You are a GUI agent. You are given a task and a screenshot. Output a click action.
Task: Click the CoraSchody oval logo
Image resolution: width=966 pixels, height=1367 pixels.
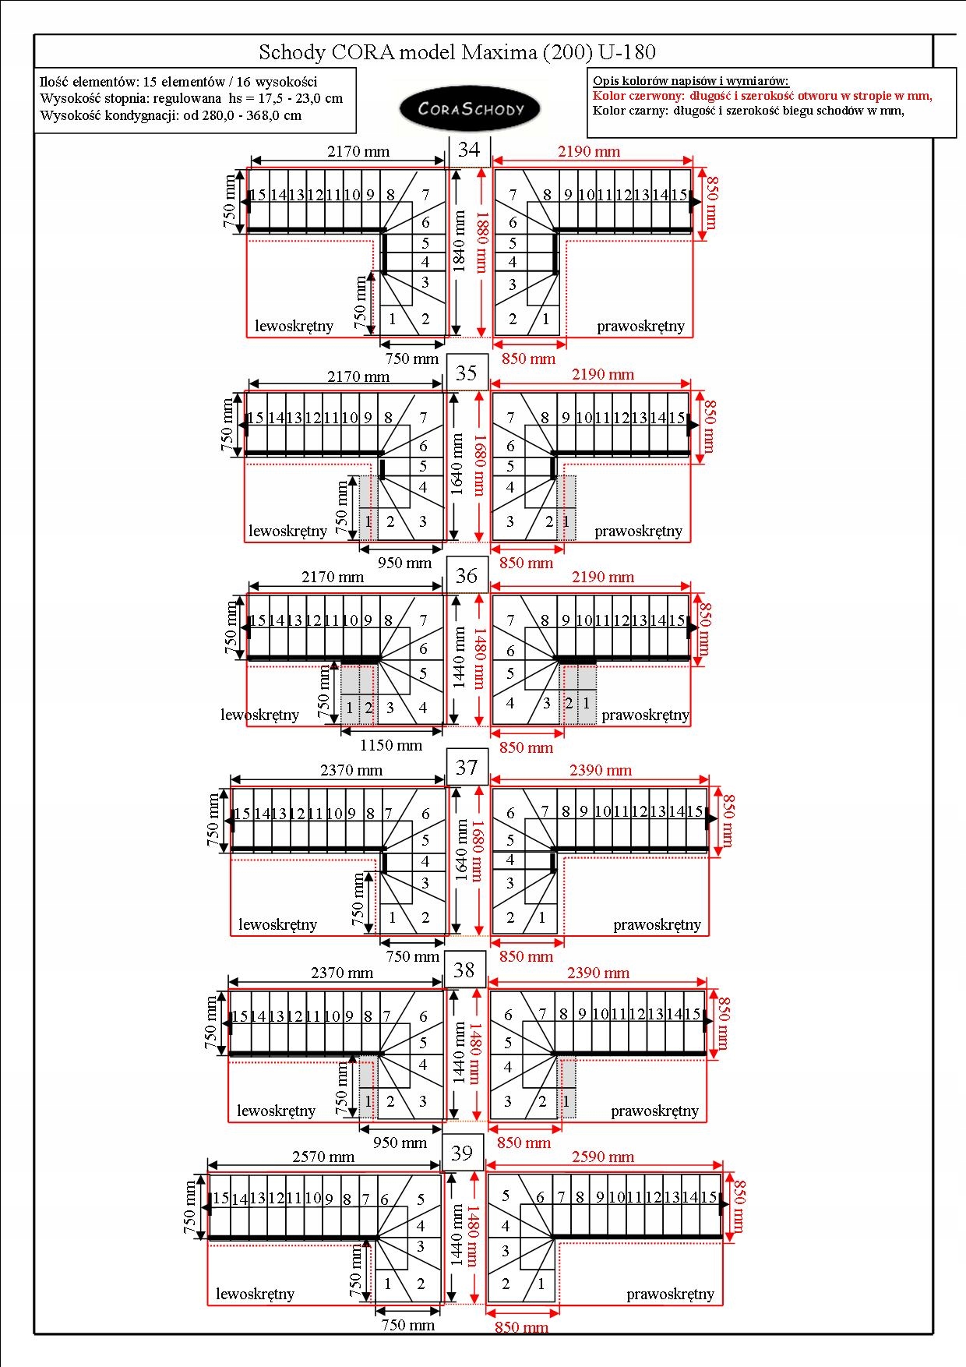coord(470,109)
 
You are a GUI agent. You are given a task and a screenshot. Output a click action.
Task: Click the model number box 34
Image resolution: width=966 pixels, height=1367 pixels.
coord(469,150)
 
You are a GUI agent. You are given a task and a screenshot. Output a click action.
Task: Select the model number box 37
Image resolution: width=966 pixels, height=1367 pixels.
coord(467,768)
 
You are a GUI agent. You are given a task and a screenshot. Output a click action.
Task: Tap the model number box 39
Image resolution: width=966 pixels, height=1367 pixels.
coord(462,1153)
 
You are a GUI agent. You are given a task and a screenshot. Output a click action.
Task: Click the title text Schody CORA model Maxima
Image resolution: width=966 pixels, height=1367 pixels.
coord(457,52)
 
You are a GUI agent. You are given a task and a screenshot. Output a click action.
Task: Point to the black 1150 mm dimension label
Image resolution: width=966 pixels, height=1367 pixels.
coord(391,745)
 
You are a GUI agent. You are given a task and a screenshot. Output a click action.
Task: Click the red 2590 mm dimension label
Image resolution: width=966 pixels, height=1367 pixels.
coord(603,1157)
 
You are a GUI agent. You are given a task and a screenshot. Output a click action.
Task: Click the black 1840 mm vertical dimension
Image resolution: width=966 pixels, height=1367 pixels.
coord(460,242)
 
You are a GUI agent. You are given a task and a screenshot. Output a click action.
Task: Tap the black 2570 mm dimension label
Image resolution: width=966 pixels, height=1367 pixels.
coord(323,1157)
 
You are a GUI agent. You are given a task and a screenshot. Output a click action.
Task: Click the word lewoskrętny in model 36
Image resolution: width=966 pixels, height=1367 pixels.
coord(259,715)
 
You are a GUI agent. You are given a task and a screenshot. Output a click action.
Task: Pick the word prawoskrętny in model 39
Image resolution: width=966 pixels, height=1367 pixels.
coord(670,1294)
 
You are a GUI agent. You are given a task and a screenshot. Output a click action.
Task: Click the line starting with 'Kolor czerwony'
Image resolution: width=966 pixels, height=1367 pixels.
coord(762,96)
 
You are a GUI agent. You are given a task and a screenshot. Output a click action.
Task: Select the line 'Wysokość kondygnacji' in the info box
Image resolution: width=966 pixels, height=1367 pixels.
coord(171,115)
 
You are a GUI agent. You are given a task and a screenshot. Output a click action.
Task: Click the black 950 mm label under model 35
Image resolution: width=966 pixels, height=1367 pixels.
coord(404,563)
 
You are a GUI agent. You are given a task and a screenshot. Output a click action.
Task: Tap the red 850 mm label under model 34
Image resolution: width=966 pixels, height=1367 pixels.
coord(528,359)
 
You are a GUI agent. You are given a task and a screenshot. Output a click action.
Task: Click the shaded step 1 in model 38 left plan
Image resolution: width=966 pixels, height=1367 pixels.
coord(368,1101)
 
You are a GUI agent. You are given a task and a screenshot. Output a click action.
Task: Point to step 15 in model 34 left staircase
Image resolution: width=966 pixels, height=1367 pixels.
coord(258,195)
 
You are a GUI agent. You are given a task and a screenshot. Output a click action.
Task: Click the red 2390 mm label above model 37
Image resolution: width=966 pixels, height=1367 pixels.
coord(600,770)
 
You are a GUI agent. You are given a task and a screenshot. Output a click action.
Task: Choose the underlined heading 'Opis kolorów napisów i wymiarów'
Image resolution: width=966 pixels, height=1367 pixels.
coord(690,81)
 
